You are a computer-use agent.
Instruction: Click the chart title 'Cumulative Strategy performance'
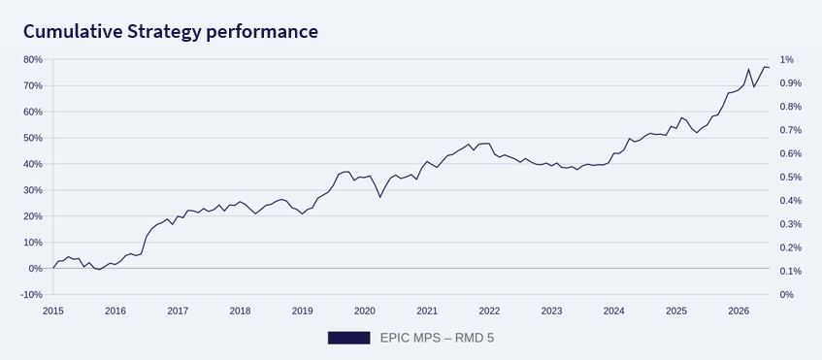tap(171, 32)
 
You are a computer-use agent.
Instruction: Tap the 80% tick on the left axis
tap(31, 60)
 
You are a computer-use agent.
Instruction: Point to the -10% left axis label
tap(30, 294)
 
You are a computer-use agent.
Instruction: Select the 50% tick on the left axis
tap(31, 138)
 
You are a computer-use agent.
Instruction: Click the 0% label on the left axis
tap(34, 268)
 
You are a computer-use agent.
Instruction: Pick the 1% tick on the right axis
tap(786, 60)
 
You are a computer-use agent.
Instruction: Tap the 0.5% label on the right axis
tap(790, 178)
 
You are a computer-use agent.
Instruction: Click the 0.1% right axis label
tap(790, 271)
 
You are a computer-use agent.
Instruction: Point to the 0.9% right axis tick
tap(790, 83)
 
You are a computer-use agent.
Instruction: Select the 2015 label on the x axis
tap(53, 311)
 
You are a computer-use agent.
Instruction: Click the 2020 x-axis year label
tap(365, 311)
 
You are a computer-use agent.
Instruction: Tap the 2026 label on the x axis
tap(739, 311)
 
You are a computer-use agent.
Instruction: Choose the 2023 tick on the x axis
tap(551, 311)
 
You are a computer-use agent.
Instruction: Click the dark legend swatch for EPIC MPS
tap(348, 338)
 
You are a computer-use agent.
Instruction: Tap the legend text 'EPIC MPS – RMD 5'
tap(437, 338)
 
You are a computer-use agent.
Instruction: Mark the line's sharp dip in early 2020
tap(380, 197)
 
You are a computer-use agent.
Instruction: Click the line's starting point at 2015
tap(53, 268)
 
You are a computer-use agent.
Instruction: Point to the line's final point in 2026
tap(769, 68)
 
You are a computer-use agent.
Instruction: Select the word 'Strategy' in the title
tap(164, 32)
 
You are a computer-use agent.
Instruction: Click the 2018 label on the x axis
tap(240, 311)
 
